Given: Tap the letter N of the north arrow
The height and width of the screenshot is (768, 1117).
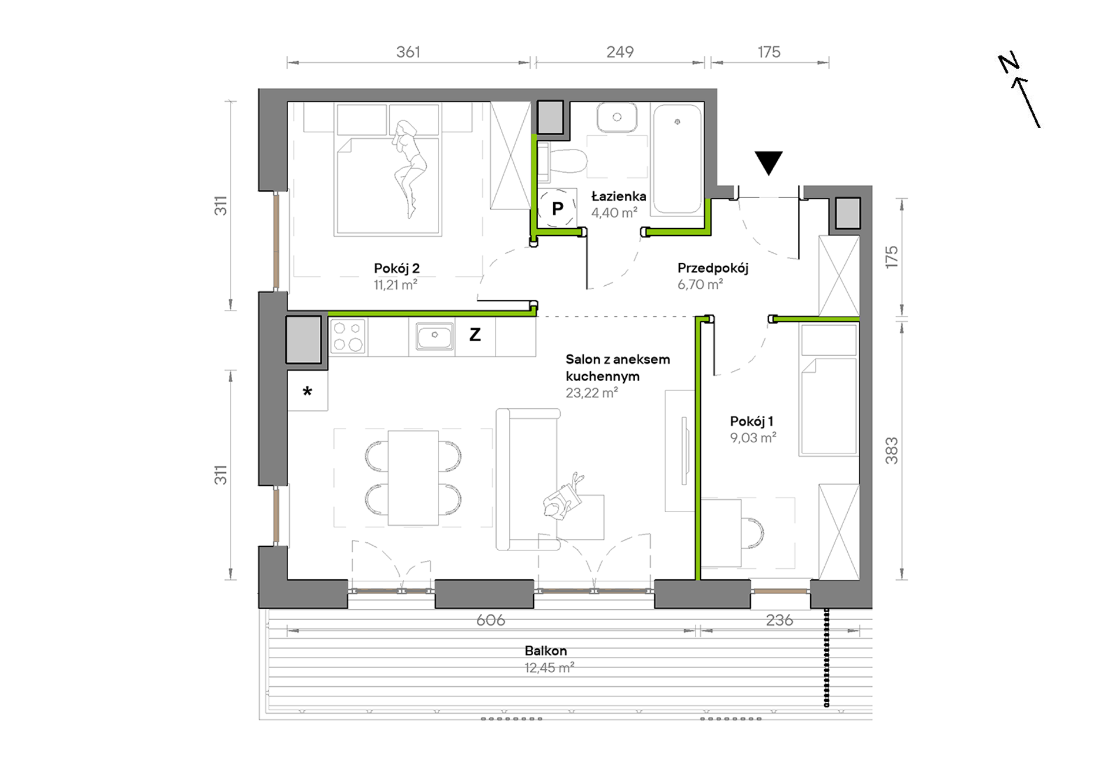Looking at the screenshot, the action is point(1008,63).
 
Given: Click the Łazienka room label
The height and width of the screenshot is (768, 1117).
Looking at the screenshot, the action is point(618,196).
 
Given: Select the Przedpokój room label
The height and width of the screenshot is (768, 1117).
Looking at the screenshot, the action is point(713,268).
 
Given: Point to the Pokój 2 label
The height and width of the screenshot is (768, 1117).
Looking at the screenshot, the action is point(397,269).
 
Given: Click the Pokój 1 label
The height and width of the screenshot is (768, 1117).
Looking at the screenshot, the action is point(752,421).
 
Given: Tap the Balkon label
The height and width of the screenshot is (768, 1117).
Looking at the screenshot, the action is point(546,651).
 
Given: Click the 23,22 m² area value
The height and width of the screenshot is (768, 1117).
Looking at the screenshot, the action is point(591,393).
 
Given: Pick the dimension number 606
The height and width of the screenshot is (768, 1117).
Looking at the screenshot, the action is point(491,620).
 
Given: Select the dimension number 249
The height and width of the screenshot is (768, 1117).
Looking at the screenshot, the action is point(620,52).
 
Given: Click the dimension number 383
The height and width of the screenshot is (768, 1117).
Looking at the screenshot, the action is point(892,450).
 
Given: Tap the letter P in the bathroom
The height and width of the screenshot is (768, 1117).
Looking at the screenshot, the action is point(557,208).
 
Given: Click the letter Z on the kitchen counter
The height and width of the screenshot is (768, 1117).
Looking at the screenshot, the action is point(475,335).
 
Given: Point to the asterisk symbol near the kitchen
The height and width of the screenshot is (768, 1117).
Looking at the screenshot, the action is point(307,391).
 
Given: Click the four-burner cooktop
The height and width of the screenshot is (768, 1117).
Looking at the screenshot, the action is point(348,336).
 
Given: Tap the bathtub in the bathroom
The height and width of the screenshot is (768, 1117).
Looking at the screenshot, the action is point(677,158).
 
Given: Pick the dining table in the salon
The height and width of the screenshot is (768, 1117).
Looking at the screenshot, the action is point(413,478).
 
